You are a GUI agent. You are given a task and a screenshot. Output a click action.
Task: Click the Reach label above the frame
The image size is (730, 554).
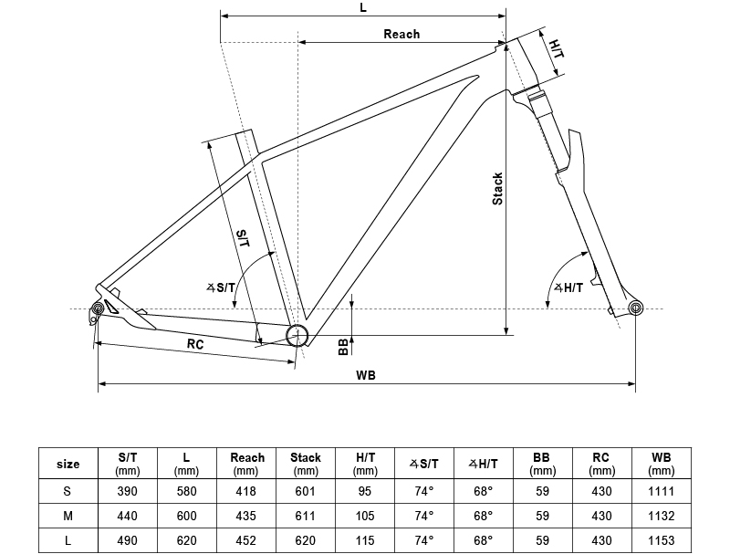[x=401, y=34]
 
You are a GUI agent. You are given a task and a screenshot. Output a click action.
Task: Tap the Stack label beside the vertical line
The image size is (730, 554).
[x=497, y=188]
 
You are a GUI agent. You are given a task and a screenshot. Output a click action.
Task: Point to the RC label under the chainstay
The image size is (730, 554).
[x=195, y=344]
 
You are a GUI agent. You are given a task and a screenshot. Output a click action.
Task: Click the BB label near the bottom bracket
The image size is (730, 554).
[x=343, y=346]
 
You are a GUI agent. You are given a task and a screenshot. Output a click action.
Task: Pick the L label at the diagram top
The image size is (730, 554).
[x=363, y=7]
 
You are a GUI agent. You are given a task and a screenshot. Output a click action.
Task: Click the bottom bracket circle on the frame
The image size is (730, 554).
[x=297, y=335]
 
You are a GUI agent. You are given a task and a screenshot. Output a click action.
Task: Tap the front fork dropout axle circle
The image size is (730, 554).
[x=636, y=308]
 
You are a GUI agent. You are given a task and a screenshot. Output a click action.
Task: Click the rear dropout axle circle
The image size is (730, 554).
[x=94, y=312]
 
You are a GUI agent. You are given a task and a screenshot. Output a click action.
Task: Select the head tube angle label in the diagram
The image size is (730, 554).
[x=568, y=287]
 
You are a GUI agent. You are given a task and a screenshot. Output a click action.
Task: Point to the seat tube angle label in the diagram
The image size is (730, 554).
[x=222, y=287]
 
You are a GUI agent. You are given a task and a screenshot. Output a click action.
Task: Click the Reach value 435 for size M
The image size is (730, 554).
[x=246, y=516]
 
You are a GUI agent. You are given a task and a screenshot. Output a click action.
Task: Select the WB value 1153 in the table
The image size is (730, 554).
[x=661, y=540]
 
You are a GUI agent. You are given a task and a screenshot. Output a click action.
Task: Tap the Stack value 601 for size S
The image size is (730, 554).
[x=306, y=491]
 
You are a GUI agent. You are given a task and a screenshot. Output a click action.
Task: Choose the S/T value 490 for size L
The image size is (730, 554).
[x=128, y=540]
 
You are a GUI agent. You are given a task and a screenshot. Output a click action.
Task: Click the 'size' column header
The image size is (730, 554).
[x=68, y=464]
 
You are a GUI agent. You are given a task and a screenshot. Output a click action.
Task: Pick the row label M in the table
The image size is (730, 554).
[x=68, y=516]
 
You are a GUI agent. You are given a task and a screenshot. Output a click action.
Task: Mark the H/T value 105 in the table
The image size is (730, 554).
[x=365, y=516]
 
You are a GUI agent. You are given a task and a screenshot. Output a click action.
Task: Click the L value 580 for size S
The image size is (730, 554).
[x=187, y=491]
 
